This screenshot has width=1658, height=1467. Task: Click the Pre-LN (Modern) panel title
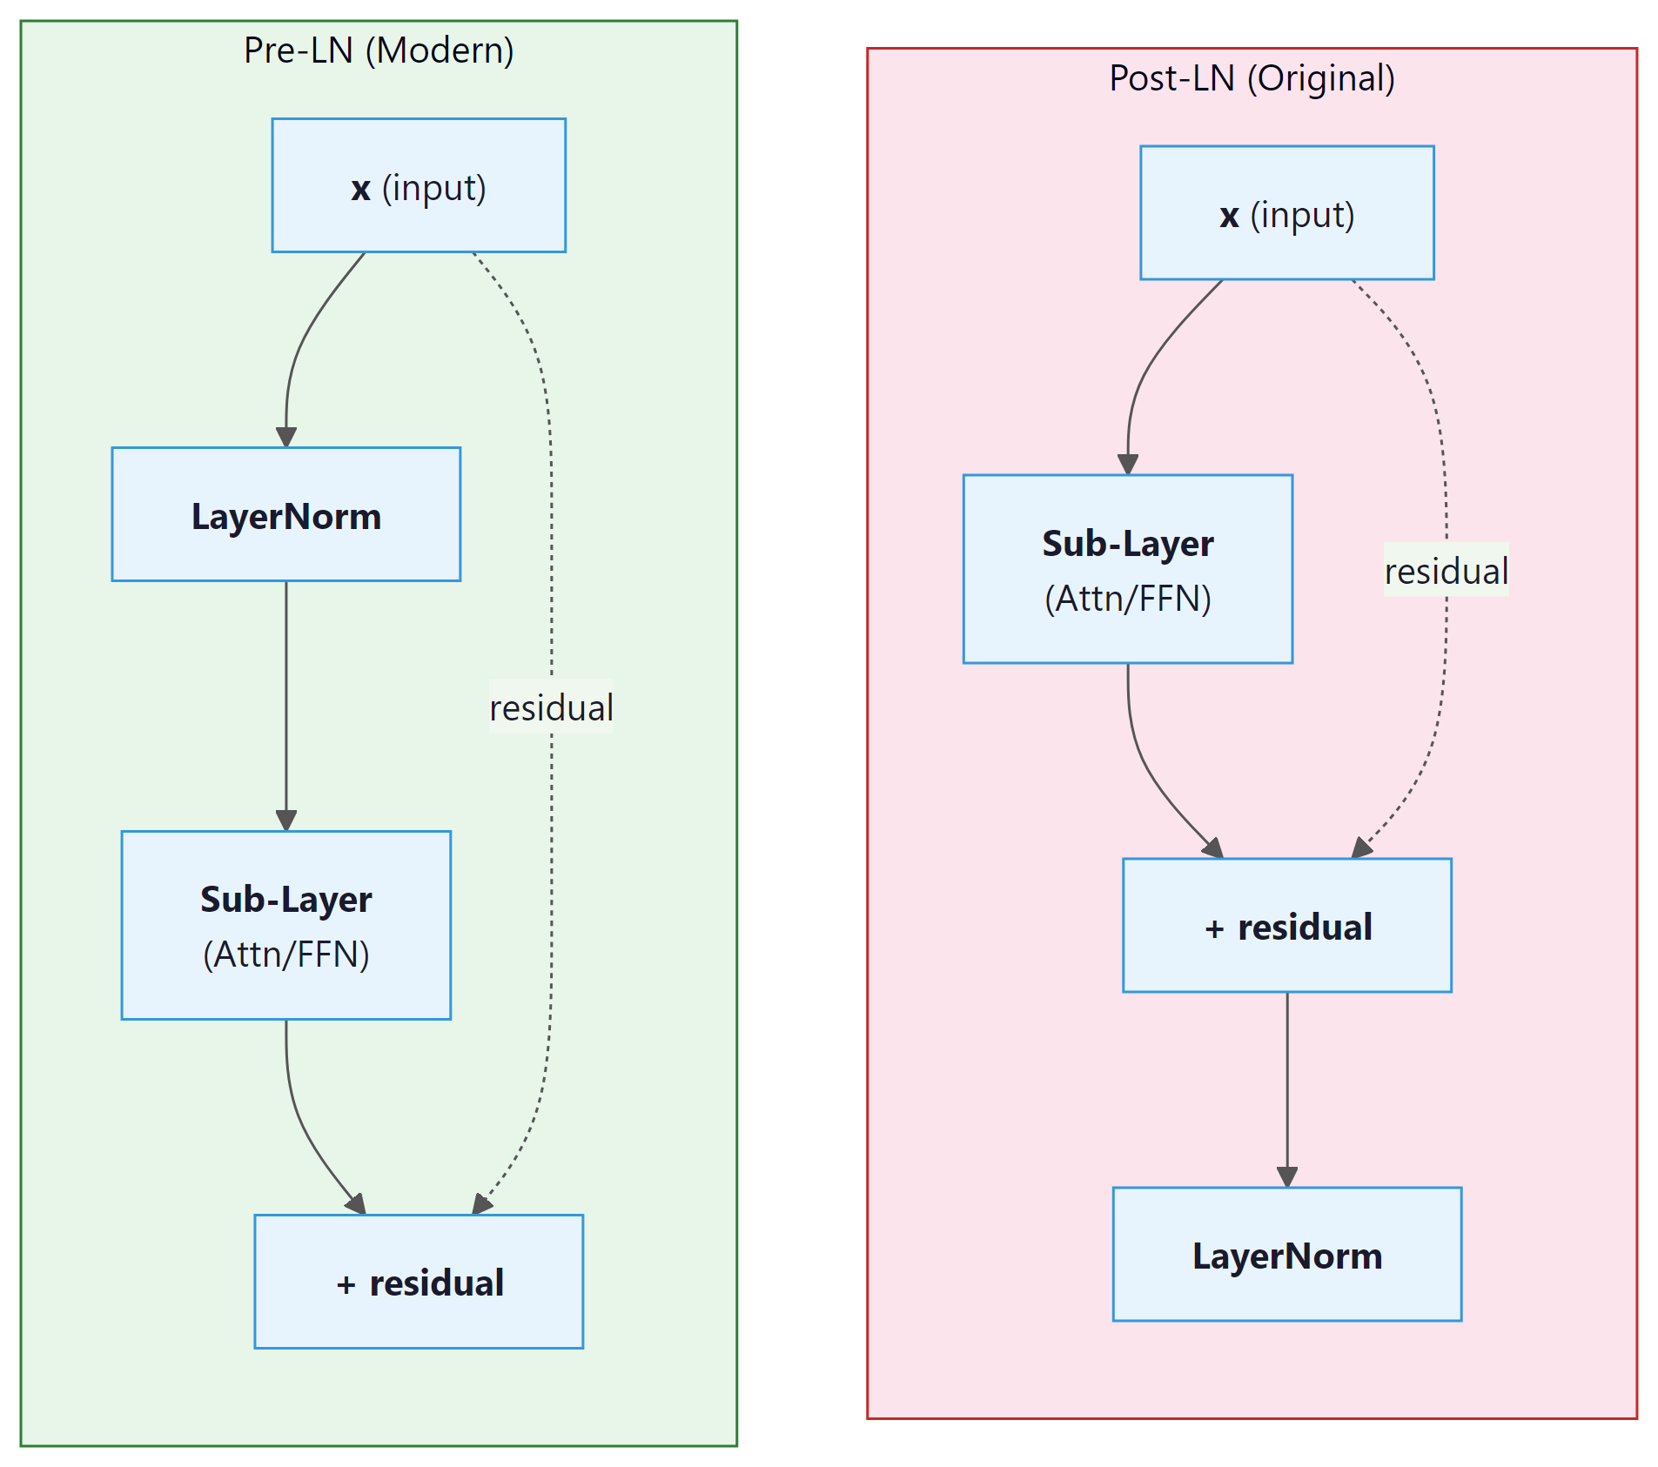(x=379, y=50)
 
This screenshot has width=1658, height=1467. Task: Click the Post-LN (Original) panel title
(x=1252, y=78)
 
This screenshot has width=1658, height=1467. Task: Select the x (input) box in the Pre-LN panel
(x=419, y=186)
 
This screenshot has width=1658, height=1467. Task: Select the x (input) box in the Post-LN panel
(x=1286, y=213)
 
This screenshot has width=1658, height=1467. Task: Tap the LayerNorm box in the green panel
(x=285, y=515)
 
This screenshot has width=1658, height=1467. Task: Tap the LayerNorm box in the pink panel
(x=1286, y=1255)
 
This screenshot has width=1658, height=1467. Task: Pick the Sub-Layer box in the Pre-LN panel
(x=285, y=925)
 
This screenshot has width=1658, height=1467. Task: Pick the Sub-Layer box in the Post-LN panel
(x=1127, y=569)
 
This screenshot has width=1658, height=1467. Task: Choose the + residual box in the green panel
(x=419, y=1282)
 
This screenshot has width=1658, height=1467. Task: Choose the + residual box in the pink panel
(x=1286, y=926)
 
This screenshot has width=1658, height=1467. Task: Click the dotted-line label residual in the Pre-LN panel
(x=551, y=707)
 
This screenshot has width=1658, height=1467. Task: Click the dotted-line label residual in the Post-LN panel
(x=1446, y=571)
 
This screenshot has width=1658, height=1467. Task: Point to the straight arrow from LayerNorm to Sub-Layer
(x=285, y=696)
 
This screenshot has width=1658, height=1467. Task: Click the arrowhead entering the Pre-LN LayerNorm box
(x=285, y=438)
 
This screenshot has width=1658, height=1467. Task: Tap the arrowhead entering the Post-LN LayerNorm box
(x=1286, y=1177)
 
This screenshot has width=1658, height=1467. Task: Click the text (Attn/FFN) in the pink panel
(x=1127, y=599)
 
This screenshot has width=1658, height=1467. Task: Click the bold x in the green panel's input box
(x=360, y=189)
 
